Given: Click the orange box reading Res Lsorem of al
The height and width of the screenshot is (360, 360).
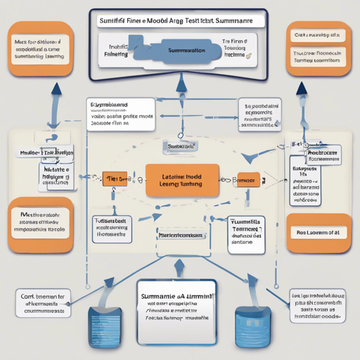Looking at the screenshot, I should [319, 232].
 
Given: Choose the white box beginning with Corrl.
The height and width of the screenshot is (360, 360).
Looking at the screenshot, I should [44, 302].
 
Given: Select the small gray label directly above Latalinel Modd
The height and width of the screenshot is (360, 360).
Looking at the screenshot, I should [179, 146].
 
